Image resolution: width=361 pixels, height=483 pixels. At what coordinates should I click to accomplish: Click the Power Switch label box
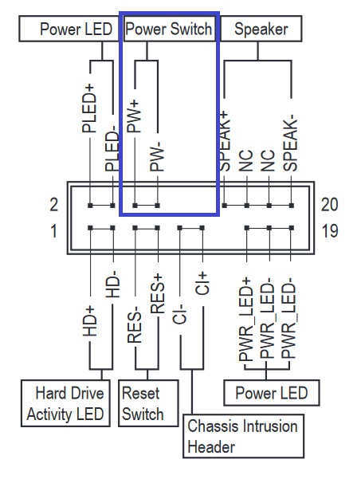169,29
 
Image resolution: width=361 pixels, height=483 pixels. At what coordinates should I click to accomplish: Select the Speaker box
261,29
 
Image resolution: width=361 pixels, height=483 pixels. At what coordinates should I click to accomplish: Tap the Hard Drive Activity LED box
65,403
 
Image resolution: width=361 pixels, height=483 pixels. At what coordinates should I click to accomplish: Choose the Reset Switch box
148,403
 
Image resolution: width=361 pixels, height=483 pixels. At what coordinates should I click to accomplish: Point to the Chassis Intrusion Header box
243,436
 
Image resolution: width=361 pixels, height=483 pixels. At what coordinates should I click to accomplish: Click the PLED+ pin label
89,108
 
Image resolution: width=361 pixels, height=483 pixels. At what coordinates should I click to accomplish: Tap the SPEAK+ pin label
225,141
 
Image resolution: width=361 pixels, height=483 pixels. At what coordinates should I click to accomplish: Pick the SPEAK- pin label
291,143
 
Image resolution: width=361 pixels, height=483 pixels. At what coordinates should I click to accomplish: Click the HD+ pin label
90,321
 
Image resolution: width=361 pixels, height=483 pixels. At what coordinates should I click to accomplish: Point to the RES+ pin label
157,293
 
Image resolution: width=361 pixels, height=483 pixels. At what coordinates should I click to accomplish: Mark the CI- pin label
180,314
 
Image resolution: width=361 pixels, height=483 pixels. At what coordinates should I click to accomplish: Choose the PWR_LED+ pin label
246,319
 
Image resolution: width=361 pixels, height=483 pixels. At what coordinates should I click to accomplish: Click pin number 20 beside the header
330,205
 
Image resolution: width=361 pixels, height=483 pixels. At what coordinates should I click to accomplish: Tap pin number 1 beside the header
53,230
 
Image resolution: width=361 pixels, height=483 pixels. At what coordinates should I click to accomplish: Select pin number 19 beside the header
330,230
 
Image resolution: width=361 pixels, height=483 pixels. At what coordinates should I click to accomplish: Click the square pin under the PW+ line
135,206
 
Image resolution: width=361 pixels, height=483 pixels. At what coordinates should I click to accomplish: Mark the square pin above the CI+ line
202,228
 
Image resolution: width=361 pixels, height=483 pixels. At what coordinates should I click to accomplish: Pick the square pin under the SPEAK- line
292,206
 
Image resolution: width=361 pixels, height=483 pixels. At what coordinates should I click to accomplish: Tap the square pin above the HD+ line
90,228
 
